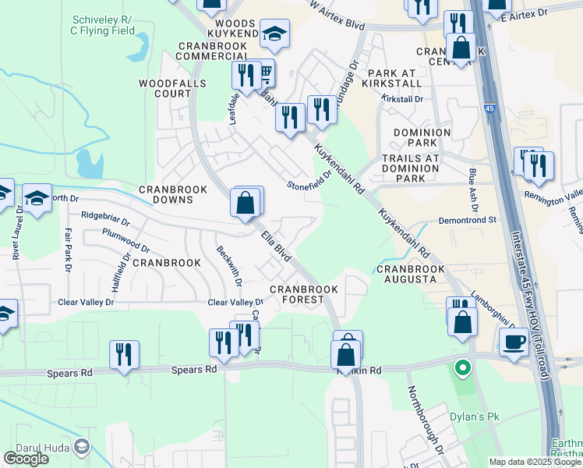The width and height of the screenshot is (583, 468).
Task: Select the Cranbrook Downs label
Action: [x=172, y=194]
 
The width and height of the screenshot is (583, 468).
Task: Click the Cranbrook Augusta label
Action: [x=411, y=274]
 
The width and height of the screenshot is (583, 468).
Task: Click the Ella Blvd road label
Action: [x=276, y=245]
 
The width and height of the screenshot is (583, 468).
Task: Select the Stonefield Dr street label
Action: [x=309, y=180]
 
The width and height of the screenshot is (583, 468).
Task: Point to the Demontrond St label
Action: [x=466, y=221]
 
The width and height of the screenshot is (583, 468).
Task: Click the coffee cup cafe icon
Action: [x=514, y=342]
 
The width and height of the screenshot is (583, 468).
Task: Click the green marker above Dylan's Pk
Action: [x=462, y=367]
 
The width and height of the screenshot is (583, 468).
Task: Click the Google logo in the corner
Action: [x=26, y=459]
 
